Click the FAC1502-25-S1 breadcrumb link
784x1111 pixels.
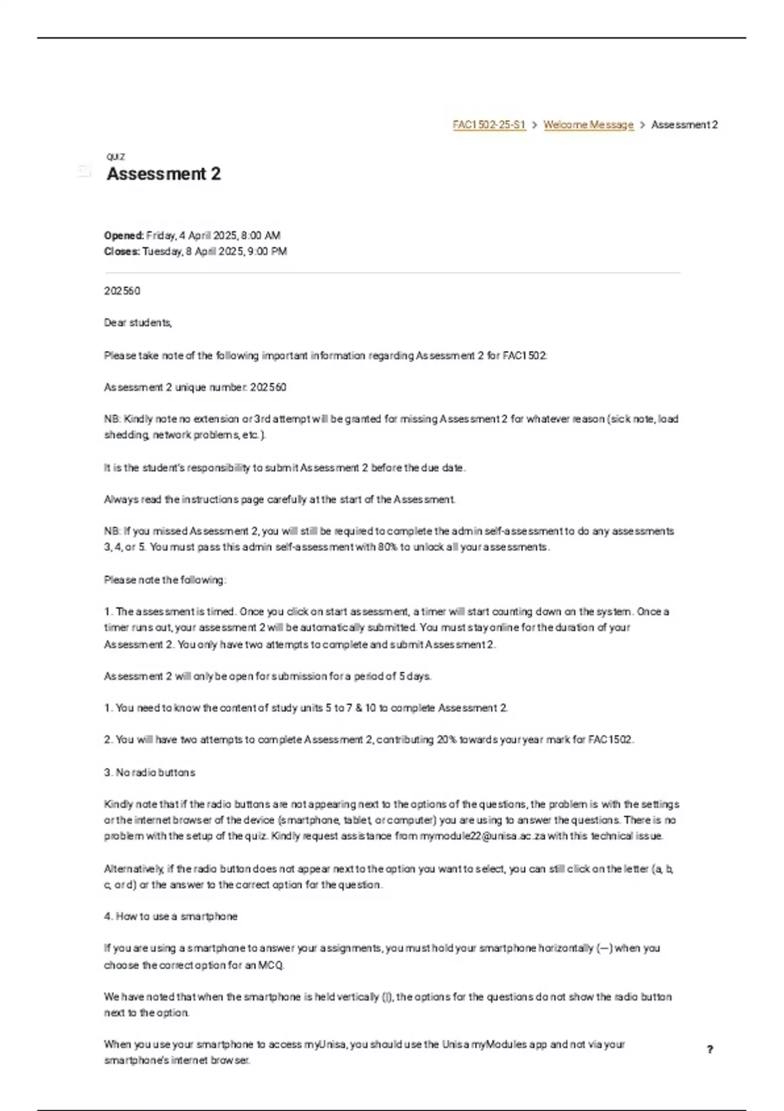489,125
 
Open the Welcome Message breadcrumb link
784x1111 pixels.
588,125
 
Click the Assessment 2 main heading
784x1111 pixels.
163,174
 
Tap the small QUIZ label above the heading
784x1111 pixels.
116,157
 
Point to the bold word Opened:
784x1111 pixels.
123,235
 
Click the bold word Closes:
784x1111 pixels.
122,252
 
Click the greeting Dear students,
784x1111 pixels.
137,323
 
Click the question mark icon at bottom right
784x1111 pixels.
710,1050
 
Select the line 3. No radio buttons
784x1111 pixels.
149,772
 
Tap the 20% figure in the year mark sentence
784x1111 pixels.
448,740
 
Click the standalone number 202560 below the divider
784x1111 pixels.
122,291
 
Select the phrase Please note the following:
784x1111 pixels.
165,580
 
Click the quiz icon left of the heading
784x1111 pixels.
84,171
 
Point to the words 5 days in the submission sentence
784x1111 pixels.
414,676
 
